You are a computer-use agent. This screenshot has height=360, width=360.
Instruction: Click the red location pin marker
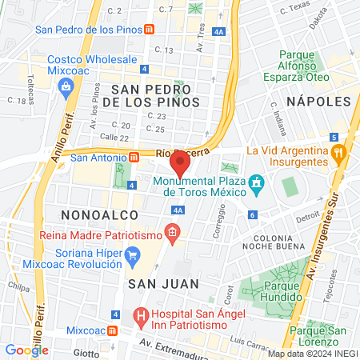tap(181, 163)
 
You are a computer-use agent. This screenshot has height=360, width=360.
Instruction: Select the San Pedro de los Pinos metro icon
tap(150, 30)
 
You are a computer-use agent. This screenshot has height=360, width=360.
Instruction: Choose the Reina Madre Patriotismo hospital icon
tap(171, 234)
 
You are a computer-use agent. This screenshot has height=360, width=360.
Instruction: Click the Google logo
tap(26, 350)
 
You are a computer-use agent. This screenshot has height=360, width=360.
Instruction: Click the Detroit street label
tap(307, 218)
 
